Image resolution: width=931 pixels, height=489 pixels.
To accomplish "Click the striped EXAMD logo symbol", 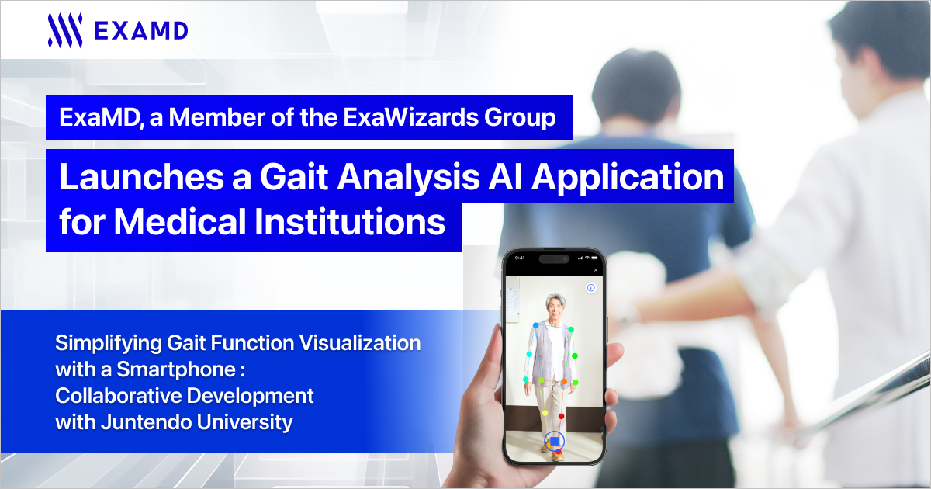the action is tap(65, 30).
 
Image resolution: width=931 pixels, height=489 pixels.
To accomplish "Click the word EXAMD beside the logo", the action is tap(141, 31).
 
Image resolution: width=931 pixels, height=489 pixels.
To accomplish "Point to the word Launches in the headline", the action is tap(142, 176).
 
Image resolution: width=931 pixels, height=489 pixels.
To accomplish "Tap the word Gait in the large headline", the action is tap(294, 176).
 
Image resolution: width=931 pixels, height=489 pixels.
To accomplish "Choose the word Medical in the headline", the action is tap(180, 221).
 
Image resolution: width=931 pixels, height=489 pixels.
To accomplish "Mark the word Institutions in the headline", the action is tap(350, 221).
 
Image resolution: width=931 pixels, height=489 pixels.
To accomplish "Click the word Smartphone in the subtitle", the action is tap(176, 369).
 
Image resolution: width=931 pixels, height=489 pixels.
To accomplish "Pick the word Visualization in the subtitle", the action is tap(360, 343).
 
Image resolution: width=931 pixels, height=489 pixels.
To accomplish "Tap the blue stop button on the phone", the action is tap(554, 441).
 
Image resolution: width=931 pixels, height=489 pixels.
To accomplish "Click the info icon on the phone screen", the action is tap(590, 287).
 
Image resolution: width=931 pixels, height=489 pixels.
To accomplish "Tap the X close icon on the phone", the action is tap(596, 270).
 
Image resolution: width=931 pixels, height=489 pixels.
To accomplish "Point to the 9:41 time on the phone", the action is tap(520, 258).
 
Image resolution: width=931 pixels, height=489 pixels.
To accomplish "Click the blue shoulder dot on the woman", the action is tap(536, 325).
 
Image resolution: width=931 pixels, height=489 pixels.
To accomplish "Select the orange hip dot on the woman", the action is tap(564, 381).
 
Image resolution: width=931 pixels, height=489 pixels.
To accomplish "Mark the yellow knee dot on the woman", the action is tap(545, 413).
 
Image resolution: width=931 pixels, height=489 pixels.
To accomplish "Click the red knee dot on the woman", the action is tap(561, 416).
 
